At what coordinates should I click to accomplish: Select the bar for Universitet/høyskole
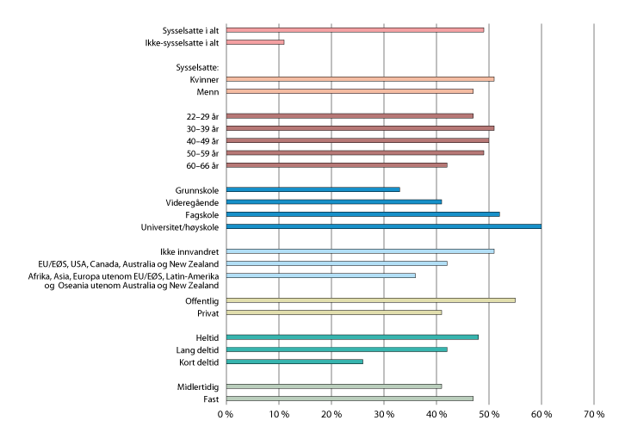click(383, 226)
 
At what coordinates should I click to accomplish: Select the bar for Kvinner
click(360, 78)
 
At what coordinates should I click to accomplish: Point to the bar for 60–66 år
click(336, 164)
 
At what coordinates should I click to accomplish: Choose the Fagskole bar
click(362, 213)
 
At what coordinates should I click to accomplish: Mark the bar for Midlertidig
click(333, 386)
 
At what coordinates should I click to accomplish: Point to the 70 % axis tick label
click(594, 415)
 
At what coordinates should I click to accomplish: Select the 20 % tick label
click(331, 415)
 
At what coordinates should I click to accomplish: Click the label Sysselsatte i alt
click(190, 29)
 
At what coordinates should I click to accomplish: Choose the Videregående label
click(191, 201)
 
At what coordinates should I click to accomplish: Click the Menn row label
click(207, 90)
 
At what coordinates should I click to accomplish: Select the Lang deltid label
click(196, 349)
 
